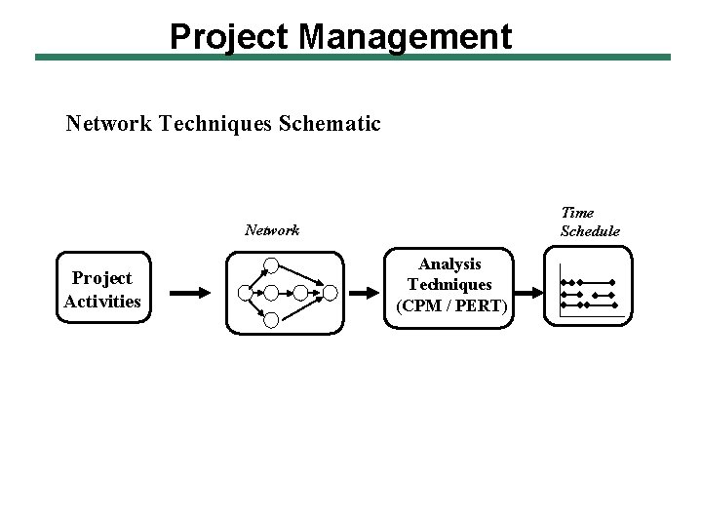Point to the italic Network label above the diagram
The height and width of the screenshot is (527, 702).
click(272, 231)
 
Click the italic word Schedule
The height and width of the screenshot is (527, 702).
click(590, 231)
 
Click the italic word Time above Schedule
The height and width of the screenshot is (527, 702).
click(577, 212)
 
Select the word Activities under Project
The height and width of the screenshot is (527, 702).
click(102, 301)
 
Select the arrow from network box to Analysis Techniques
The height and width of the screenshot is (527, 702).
click(367, 291)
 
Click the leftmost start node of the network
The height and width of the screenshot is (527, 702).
click(243, 291)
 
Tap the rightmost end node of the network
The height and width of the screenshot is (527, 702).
click(330, 291)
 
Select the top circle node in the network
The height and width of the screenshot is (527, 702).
click(272, 263)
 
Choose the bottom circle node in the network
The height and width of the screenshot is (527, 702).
click(272, 319)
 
